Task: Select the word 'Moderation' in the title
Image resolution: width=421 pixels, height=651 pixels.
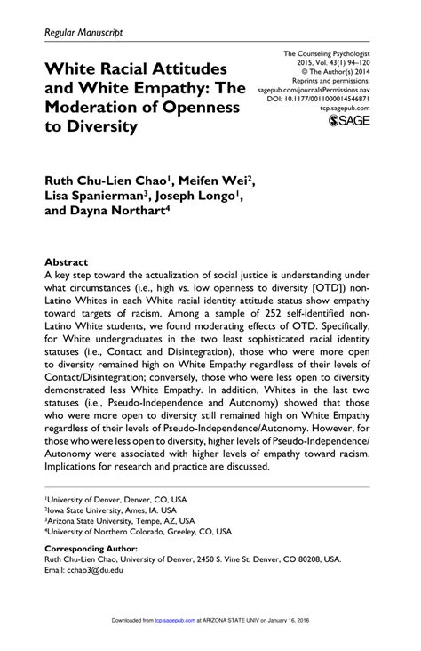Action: point(92,107)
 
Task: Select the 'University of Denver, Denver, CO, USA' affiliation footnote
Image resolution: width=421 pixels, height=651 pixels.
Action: point(116,502)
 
